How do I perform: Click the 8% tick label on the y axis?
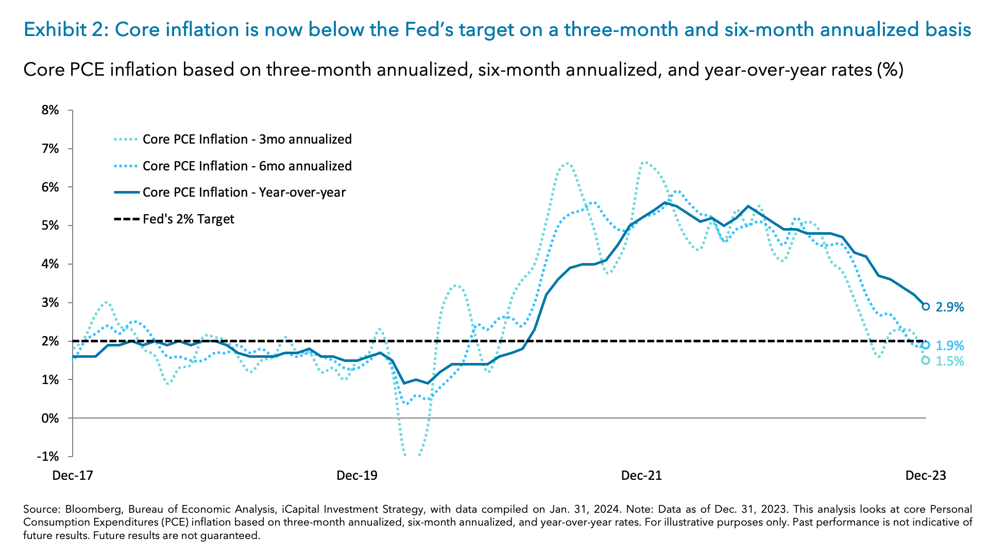click(x=50, y=110)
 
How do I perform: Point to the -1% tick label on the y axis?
click(x=48, y=457)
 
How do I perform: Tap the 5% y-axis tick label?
click(x=50, y=225)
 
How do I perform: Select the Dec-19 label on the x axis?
click(x=356, y=475)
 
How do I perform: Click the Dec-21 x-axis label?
click(x=641, y=475)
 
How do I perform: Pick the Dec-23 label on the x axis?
click(x=926, y=475)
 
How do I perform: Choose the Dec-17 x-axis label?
click(x=73, y=475)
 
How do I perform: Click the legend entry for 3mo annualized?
click(x=247, y=140)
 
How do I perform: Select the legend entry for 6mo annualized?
click(x=247, y=166)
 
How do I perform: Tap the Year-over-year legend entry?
click(x=244, y=193)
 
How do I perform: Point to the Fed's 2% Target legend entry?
click(x=188, y=219)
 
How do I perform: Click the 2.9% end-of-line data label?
click(x=949, y=307)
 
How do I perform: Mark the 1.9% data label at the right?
click(x=949, y=346)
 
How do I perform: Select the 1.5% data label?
click(x=949, y=361)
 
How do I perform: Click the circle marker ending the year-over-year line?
click(x=926, y=306)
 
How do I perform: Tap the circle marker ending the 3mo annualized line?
click(x=926, y=360)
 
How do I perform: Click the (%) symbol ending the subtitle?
click(x=890, y=69)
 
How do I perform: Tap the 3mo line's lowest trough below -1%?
click(x=412, y=456)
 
